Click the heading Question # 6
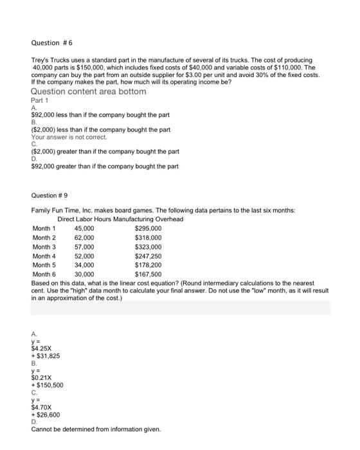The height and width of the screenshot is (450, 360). point(52,43)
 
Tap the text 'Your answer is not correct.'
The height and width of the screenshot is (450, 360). point(69,137)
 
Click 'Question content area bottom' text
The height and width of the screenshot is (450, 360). point(89,91)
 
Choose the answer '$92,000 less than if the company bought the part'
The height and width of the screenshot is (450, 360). point(100,115)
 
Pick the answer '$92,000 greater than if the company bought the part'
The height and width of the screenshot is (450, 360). point(105,166)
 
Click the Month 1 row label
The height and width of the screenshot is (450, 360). point(44,228)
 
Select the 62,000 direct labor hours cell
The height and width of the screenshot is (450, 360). point(84,237)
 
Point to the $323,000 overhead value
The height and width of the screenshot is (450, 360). point(148,246)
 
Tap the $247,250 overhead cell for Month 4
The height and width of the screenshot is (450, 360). point(148,255)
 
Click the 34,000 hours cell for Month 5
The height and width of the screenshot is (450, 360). point(84,264)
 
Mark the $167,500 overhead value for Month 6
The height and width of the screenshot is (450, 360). point(148,273)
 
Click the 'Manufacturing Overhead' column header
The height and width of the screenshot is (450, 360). point(147,219)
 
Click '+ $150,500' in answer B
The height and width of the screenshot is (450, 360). point(47,385)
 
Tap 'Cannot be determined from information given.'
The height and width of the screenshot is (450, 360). point(96,429)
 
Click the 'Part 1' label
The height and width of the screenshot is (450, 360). point(40,100)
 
